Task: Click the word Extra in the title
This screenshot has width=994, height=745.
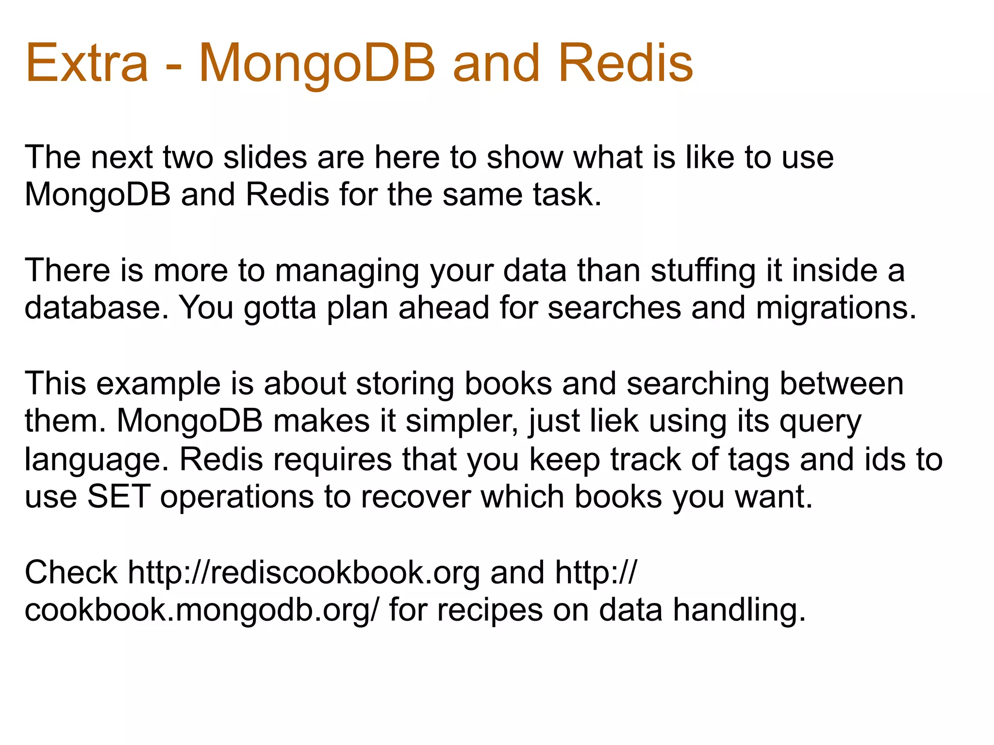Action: click(87, 64)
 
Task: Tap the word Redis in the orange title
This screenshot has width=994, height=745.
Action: click(626, 64)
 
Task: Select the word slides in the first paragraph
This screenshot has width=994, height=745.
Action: click(265, 158)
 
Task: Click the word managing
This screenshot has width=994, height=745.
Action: click(347, 271)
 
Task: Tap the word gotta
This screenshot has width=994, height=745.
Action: click(280, 308)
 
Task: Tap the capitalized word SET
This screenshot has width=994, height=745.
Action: click(118, 497)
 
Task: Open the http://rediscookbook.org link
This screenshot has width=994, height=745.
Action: click(304, 573)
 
